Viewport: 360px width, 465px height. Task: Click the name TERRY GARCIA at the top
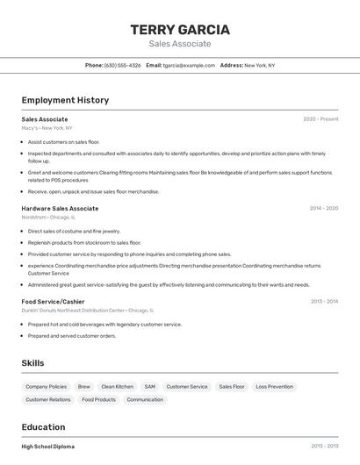[179, 29]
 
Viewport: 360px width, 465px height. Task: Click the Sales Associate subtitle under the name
[179, 44]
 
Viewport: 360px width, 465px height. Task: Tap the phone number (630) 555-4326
[122, 65]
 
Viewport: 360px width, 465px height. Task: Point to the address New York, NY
[259, 65]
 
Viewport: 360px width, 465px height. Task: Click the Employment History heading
[65, 100]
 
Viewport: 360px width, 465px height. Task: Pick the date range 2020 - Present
[320, 118]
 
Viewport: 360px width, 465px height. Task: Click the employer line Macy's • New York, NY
[47, 128]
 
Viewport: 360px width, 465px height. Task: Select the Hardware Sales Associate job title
[60, 209]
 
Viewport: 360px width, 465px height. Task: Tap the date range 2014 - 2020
[323, 209]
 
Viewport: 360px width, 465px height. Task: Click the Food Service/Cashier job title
[53, 301]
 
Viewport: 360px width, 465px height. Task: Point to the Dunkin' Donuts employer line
[87, 310]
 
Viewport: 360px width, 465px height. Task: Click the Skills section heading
[33, 362]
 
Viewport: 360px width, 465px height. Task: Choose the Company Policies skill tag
[46, 387]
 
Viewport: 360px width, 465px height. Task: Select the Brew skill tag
[84, 387]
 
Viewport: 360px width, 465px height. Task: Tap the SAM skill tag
[150, 387]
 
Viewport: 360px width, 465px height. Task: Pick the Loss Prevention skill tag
[275, 387]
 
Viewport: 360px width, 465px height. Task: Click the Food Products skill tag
[99, 399]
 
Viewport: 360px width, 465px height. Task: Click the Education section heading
[43, 427]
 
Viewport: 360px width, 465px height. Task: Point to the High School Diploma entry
[48, 447]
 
